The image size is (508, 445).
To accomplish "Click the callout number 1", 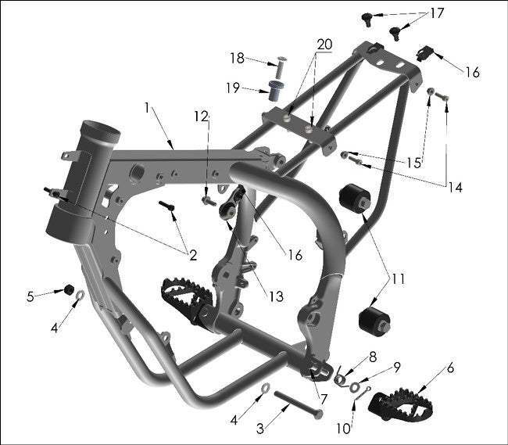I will click(x=147, y=106).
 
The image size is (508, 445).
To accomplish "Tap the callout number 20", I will click(x=324, y=45).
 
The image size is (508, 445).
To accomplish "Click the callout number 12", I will click(x=202, y=117).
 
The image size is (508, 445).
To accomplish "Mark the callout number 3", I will click(x=261, y=428).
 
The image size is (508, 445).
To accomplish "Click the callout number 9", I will click(x=397, y=366).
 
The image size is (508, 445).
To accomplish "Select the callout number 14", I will click(x=455, y=187).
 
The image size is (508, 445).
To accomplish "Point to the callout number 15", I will click(x=414, y=163).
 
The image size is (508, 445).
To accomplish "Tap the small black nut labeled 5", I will click(x=68, y=290).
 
